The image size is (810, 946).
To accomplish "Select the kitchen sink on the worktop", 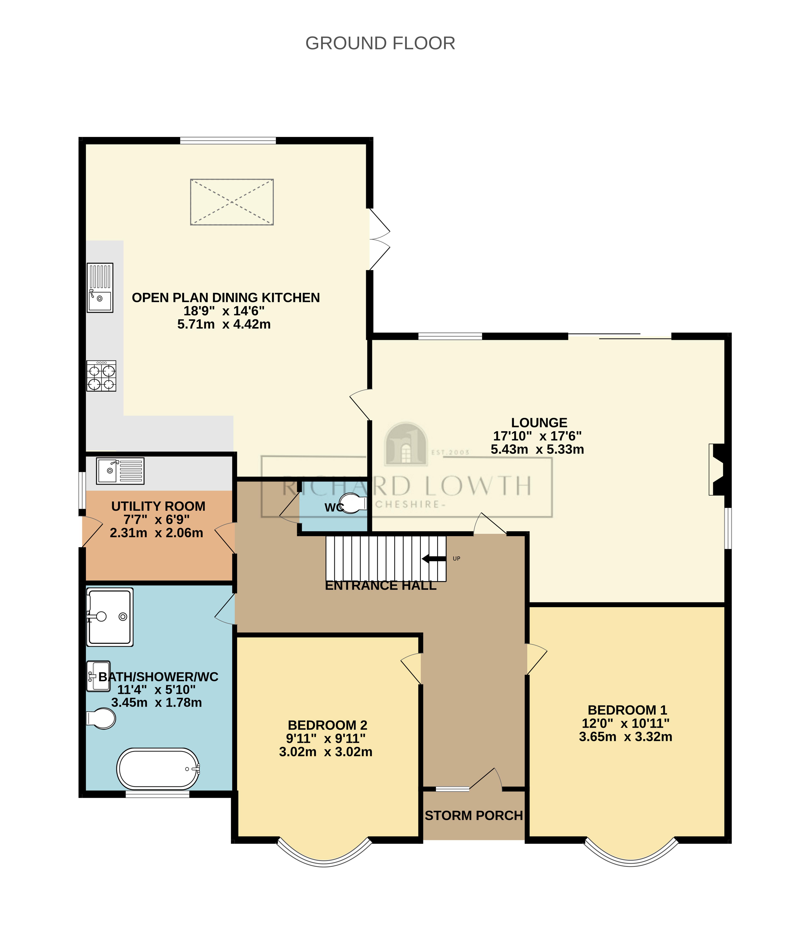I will coord(100,288).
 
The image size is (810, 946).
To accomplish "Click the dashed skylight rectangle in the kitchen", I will coord(232,202).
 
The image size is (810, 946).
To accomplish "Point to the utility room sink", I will coord(120,471).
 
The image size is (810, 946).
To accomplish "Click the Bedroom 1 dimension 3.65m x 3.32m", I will coord(626,737).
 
